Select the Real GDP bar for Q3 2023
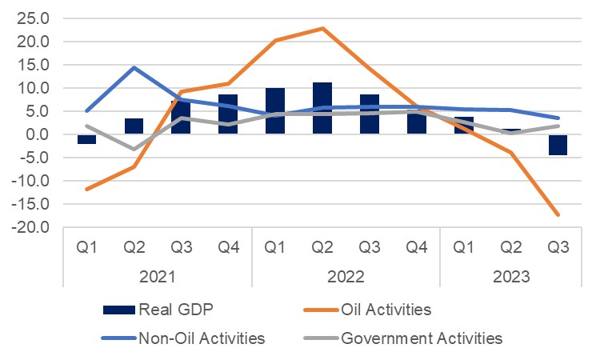[x=558, y=145]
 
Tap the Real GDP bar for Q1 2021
[x=87, y=139]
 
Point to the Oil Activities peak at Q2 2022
[x=322, y=28]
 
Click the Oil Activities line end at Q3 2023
[x=558, y=215]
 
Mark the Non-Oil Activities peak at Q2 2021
[x=134, y=67]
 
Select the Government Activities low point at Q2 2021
[x=134, y=150]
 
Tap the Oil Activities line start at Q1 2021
[x=87, y=190]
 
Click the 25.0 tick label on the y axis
[x=33, y=18]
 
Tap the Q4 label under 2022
[x=416, y=248]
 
